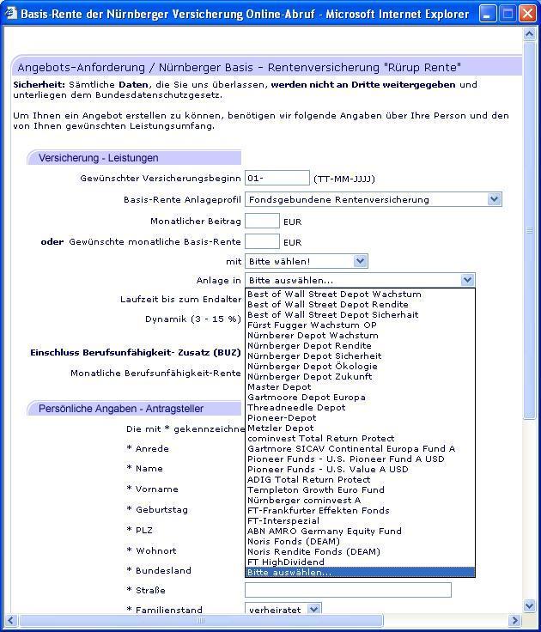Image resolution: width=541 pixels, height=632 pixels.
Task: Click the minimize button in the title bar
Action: coord(488,14)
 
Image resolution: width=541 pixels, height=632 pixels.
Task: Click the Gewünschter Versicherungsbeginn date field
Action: coord(277,178)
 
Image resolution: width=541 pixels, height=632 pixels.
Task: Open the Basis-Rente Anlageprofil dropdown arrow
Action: coord(494,199)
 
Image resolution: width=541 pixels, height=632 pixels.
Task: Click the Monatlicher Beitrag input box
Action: coord(262,222)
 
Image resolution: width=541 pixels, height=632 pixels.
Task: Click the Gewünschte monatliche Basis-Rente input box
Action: coord(262,242)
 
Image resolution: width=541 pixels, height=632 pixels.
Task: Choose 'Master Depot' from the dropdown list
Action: coord(279,387)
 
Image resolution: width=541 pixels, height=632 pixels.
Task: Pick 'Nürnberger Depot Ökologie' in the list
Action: coord(312,367)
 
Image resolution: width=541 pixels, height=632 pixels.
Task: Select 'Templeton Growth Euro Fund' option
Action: coord(316,490)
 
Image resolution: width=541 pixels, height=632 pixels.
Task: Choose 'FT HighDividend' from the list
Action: coord(288,562)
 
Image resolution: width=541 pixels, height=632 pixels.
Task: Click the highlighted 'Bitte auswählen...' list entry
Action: coord(289,573)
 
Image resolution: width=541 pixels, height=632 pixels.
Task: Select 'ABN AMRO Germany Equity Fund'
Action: coord(324,532)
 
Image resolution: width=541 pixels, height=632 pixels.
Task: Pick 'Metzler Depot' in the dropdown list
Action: coord(281,428)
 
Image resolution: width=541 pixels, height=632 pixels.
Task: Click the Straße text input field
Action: coord(348,590)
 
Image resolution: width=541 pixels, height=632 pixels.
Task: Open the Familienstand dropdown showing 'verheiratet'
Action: coord(313,610)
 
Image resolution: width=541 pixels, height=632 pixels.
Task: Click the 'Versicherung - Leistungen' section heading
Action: coord(99,158)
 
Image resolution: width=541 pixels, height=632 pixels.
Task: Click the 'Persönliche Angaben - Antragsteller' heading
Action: coord(121,409)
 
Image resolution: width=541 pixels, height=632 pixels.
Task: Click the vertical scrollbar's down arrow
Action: coord(529,605)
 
